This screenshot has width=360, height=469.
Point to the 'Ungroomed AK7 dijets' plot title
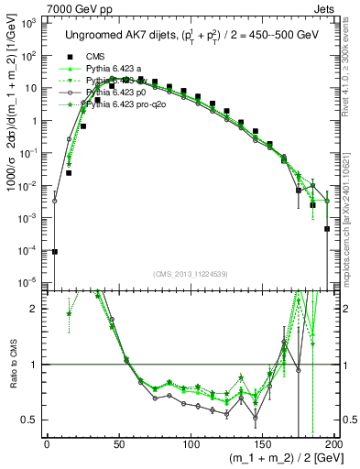tap(119, 35)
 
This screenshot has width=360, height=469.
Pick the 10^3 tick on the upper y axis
tap(30, 23)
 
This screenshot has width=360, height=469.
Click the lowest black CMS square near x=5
tap(55, 251)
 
